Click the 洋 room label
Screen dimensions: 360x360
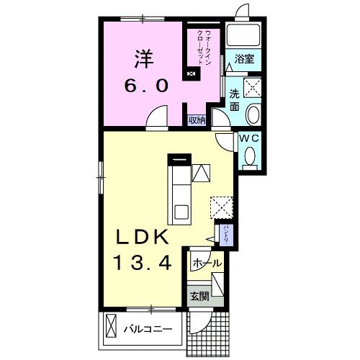[144, 59]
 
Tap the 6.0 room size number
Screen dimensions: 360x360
[146, 86]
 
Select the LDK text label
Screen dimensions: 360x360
[142, 238]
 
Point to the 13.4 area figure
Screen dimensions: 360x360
[144, 263]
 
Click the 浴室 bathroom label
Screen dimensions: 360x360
[244, 59]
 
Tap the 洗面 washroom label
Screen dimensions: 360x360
[235, 100]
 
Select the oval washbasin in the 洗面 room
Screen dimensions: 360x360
[253, 114]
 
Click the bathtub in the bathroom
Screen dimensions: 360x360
[243, 35]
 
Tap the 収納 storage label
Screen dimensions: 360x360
[197, 120]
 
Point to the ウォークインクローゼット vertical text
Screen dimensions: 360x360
[203, 47]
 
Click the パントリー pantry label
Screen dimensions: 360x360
[226, 235]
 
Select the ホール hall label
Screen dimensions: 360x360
[207, 264]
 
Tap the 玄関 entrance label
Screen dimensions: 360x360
[199, 297]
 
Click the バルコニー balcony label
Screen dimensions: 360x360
[148, 329]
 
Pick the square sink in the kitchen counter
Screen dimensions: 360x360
[181, 212]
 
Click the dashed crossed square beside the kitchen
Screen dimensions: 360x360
[222, 207]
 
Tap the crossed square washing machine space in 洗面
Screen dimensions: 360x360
[252, 88]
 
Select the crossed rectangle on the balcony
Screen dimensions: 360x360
[111, 326]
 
